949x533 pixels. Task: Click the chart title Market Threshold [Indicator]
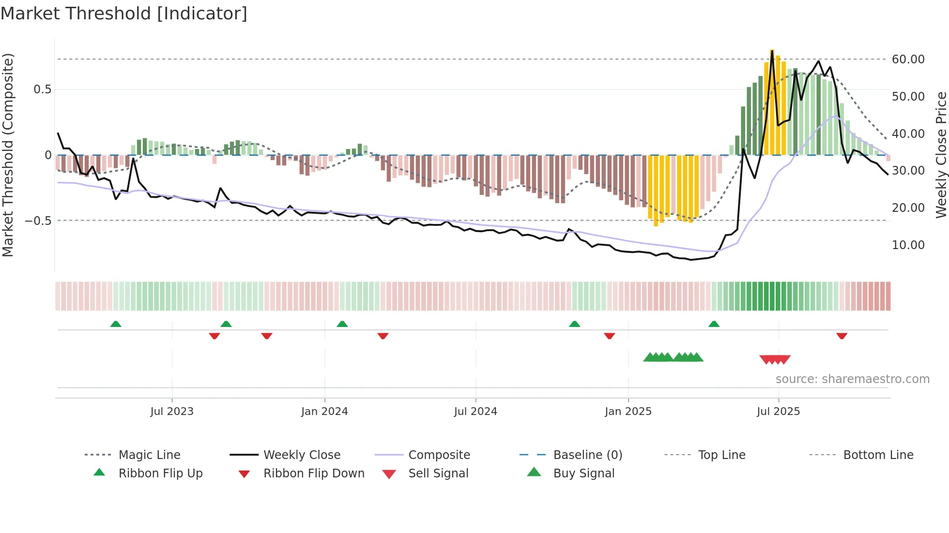[x=124, y=14]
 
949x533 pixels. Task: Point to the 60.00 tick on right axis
[x=908, y=59]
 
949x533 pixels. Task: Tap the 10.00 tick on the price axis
[x=908, y=245]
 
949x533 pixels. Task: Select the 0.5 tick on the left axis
[x=42, y=89]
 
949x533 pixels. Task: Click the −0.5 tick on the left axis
[x=38, y=221]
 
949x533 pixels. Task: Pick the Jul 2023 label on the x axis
[x=171, y=412]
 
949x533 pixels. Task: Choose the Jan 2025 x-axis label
[x=628, y=412]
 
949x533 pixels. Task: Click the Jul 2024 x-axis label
[x=475, y=412]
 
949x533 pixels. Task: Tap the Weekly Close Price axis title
[x=941, y=155]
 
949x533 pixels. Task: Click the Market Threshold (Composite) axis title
[x=8, y=155]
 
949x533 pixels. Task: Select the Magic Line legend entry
[x=149, y=455]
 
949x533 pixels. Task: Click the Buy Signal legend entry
[x=583, y=474]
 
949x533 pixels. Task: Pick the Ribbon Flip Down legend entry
[x=313, y=474]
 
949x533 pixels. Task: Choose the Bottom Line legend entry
[x=878, y=455]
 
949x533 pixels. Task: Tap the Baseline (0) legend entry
[x=587, y=455]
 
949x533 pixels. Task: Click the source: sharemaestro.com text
[x=852, y=379]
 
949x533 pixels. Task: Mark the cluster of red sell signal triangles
[x=775, y=359]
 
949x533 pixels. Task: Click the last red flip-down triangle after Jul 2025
[x=842, y=336]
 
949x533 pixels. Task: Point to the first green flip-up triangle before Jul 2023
[x=116, y=324]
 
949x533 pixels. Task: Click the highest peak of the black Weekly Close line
[x=772, y=50]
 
